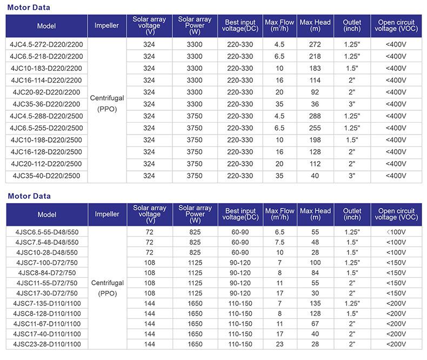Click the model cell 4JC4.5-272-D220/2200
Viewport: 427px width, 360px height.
[x=46, y=44]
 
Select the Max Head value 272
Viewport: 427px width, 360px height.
[x=315, y=44]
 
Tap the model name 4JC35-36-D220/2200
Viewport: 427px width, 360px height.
[x=46, y=104]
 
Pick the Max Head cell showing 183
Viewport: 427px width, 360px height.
[x=315, y=68]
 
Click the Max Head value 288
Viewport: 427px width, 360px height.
[x=315, y=116]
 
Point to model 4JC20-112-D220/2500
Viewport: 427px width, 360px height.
[x=46, y=164]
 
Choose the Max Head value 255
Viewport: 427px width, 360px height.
[x=315, y=128]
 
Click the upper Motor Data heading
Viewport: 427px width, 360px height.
[x=29, y=8]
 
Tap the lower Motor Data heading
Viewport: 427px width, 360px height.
[x=29, y=196]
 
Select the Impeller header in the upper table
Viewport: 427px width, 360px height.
[x=107, y=26]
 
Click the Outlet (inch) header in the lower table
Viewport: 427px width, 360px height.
[x=352, y=214]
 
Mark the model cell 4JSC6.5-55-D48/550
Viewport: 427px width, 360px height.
[x=46, y=232]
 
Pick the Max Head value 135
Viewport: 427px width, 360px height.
[x=315, y=303]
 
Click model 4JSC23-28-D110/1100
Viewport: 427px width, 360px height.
[x=46, y=344]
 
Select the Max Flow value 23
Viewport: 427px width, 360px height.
[x=279, y=344]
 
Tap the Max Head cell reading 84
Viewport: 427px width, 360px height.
[x=315, y=272]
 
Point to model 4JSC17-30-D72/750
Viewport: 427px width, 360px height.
[x=46, y=293]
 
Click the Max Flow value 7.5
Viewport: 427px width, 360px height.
[x=279, y=242]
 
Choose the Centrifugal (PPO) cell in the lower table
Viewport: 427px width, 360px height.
[x=107, y=288]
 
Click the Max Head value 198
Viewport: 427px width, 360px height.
[x=315, y=139]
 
